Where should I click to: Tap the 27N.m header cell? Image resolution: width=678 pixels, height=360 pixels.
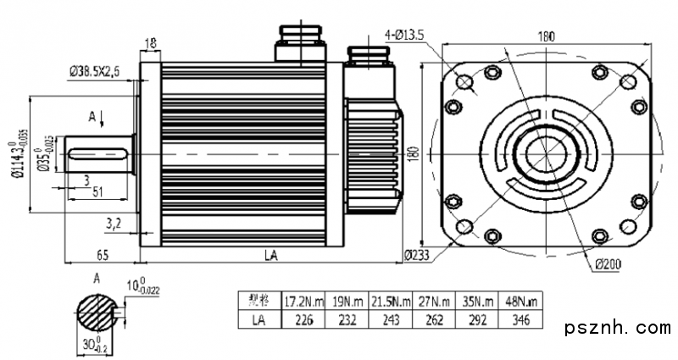coord(433,301)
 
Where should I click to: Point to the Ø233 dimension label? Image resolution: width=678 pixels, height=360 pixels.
coord(417,255)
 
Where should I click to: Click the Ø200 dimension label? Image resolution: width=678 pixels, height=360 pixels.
coord(608,265)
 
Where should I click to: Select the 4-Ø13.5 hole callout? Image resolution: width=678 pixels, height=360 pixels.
coord(410,36)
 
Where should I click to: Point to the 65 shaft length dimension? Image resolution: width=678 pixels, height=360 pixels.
coord(101,254)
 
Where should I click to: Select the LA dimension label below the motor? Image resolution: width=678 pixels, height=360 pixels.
coord(270,254)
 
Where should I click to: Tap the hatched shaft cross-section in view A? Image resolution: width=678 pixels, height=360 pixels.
coord(98,315)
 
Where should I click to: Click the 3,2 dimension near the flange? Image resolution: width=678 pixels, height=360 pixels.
coord(113,224)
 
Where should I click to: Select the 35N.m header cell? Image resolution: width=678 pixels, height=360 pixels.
coord(476,301)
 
